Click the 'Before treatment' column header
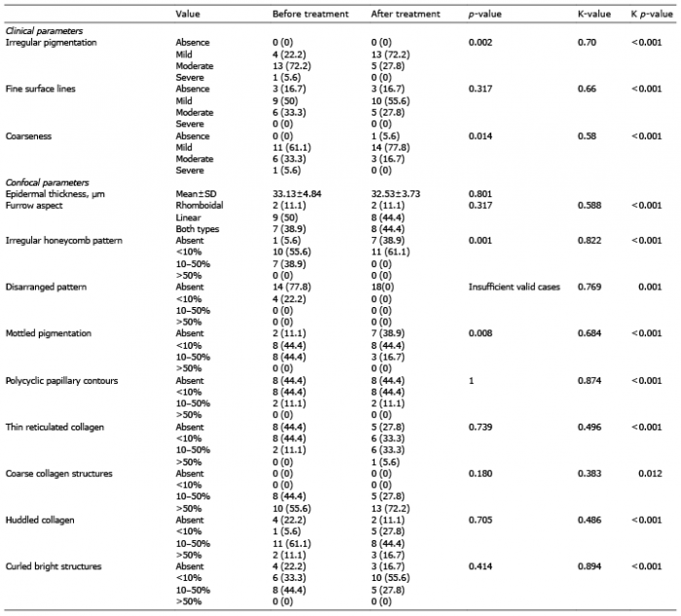310,14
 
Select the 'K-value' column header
593,14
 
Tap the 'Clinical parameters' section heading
44,31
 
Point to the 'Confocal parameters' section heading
47,183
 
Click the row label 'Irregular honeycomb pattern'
64,240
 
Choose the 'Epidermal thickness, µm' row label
54,194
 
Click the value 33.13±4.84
297,194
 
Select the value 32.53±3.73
396,194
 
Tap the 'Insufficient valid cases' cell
515,287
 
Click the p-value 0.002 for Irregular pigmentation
481,43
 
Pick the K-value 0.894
590,566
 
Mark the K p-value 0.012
650,473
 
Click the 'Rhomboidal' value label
199,205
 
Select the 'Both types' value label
197,229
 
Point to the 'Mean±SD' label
196,194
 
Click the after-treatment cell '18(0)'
383,287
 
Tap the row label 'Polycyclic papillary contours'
61,381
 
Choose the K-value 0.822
590,240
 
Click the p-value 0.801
481,194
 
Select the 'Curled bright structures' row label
54,566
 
